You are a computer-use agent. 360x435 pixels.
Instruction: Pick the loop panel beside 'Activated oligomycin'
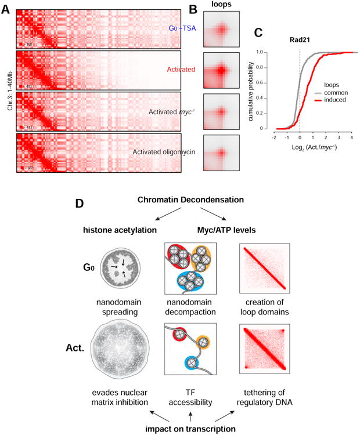point(221,152)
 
